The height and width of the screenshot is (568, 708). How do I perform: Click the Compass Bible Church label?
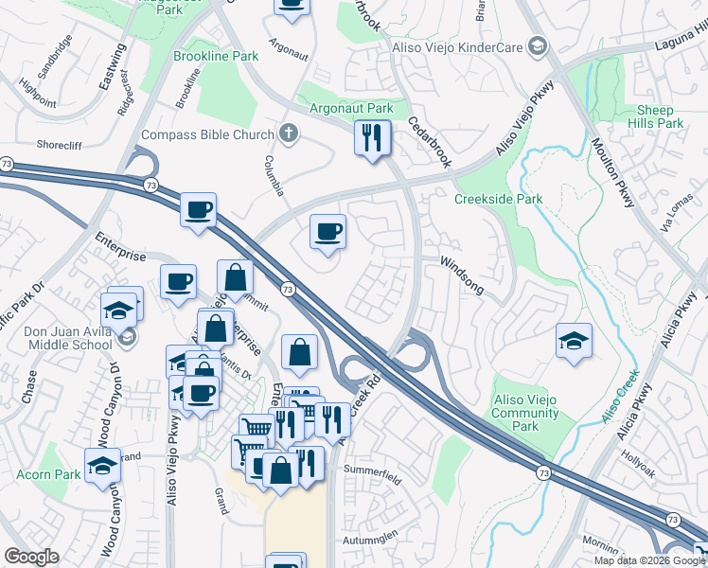[x=206, y=134]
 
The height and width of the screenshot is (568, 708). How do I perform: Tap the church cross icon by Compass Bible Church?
[x=290, y=134]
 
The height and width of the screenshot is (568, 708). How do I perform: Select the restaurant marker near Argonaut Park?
[x=373, y=138]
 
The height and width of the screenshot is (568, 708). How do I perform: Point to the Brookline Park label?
[x=216, y=57]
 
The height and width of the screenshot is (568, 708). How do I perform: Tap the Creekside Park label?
[x=498, y=199]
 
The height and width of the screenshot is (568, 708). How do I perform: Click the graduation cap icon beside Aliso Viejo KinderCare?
[x=538, y=45]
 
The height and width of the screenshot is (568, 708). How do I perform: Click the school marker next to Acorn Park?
[x=102, y=466]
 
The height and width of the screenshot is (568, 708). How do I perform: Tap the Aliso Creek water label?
[x=621, y=399]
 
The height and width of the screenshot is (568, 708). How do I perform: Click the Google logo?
[x=31, y=557]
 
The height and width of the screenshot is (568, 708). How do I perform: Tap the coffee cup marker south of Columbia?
[x=327, y=232]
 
